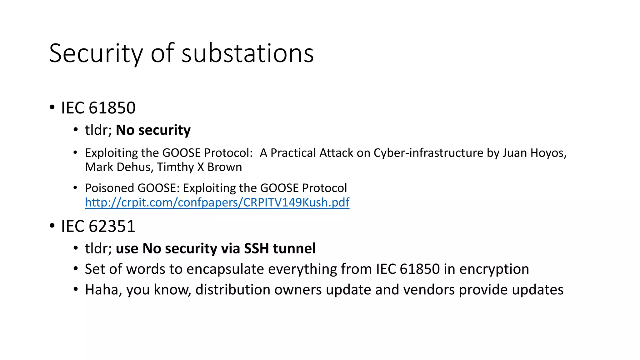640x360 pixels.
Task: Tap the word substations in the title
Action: tap(247, 53)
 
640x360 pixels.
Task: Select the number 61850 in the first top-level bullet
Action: tap(112, 108)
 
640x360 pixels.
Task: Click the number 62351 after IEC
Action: tap(112, 226)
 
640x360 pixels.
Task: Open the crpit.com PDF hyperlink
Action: tap(217, 202)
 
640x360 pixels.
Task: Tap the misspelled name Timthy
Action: tap(175, 167)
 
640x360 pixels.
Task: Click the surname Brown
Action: tap(224, 167)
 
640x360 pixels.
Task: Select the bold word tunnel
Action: tap(294, 248)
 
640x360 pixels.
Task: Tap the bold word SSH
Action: tap(256, 248)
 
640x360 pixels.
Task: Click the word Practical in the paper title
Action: tap(293, 153)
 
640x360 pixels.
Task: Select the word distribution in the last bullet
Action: tap(233, 290)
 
